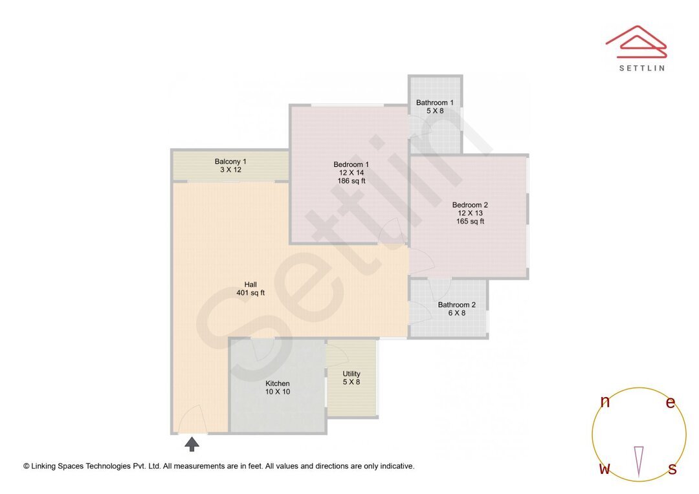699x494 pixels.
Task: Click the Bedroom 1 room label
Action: pos(351,164)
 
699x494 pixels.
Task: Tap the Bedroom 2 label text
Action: pos(470,205)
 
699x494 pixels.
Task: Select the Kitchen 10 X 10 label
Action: pos(277,387)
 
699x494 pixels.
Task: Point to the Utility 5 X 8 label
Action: pos(351,378)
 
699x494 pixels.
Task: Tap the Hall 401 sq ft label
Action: pos(250,288)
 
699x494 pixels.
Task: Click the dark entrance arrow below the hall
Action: pos(192,444)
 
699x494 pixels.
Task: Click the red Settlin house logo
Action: pos(636,40)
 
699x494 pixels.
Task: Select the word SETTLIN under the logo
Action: pos(641,68)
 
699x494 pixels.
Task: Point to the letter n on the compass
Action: pos(605,402)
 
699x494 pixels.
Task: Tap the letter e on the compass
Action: pos(671,403)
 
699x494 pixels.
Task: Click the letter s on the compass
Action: pos(672,469)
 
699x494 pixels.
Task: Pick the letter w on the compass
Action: pos(605,469)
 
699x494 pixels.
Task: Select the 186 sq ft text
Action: pos(351,181)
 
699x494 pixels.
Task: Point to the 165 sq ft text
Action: pos(470,221)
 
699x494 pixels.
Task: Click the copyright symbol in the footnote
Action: pos(27,466)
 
